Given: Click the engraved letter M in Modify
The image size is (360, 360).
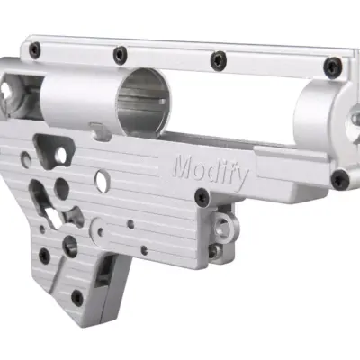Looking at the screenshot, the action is coord(184,166).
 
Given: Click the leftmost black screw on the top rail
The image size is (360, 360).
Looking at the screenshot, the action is coord(35,50).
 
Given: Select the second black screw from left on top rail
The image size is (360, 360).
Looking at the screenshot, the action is coord(120,55).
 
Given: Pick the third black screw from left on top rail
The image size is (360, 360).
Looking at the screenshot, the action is coord(219,61).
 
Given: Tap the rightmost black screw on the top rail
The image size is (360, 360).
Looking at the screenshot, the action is coord(334,67).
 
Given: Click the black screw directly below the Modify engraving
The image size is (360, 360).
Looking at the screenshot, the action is coord(202,196).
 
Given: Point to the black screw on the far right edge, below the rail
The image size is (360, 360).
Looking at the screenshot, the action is coord(340,179).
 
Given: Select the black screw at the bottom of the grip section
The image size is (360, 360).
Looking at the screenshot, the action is coord(77,297).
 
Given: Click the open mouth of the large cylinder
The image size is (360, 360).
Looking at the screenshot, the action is coord(144,102).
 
